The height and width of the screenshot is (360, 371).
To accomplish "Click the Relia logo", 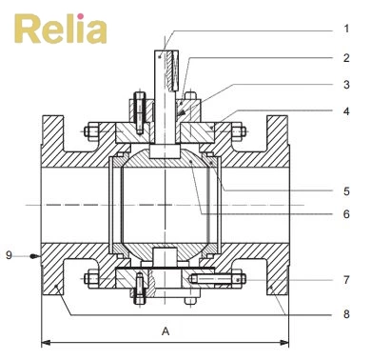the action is [x=61, y=29].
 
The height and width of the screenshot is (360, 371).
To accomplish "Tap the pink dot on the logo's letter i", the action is [x=81, y=16].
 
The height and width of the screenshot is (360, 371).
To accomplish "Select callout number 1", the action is [x=346, y=29].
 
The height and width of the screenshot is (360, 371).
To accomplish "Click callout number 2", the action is [x=346, y=58].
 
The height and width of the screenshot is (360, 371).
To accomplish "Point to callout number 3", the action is [x=346, y=85].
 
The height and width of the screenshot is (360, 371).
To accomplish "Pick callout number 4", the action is [x=346, y=111].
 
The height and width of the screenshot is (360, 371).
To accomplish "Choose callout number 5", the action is [x=346, y=191].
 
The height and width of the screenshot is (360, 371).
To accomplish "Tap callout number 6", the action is [x=346, y=214].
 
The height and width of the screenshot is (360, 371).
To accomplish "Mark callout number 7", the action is [x=346, y=280].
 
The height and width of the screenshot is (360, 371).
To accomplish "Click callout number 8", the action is [x=346, y=314].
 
